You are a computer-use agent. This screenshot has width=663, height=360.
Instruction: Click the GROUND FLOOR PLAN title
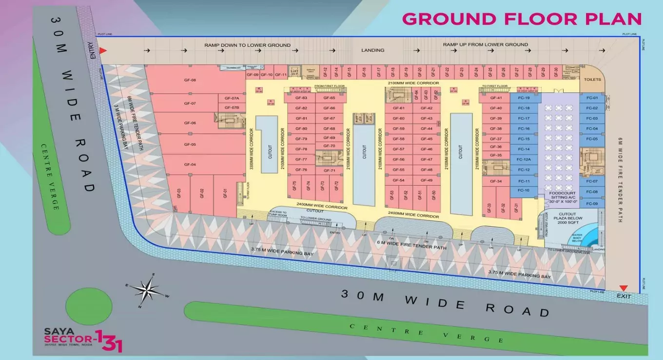[x=522, y=19]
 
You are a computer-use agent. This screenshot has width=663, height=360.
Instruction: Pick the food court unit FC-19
[x=524, y=98]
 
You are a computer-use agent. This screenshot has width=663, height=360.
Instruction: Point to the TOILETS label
[x=592, y=80]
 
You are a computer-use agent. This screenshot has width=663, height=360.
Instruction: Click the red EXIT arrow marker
[x=624, y=288]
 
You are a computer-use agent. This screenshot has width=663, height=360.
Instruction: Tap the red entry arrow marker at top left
[x=103, y=50]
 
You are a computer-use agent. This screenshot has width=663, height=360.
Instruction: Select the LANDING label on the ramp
[x=373, y=50]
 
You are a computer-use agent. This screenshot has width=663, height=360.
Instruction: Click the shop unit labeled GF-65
[x=329, y=98]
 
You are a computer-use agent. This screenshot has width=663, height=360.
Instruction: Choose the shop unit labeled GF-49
[x=427, y=180]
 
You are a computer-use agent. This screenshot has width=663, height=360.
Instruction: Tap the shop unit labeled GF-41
[x=496, y=98]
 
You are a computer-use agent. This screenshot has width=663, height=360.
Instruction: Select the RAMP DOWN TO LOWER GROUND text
[x=247, y=45]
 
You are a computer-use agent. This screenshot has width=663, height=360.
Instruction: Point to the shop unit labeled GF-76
[x=301, y=170]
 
